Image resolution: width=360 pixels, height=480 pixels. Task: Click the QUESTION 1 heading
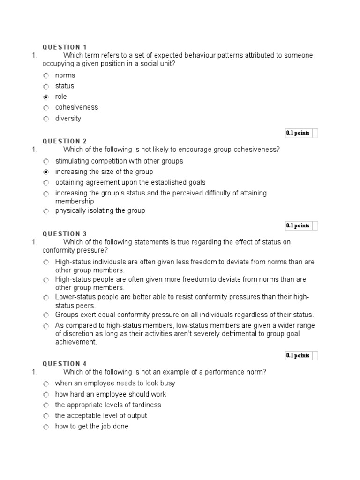(65, 47)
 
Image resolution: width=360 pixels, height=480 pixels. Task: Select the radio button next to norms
(46, 75)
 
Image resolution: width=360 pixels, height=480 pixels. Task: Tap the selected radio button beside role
(46, 97)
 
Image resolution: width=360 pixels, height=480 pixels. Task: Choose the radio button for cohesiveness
(46, 108)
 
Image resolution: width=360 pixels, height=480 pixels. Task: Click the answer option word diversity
(68, 118)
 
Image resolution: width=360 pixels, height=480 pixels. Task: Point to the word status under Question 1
(65, 86)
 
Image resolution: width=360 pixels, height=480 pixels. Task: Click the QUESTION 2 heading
(65, 141)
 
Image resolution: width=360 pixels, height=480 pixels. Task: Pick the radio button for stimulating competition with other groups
(46, 161)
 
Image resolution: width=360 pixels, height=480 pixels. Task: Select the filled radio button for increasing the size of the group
(46, 172)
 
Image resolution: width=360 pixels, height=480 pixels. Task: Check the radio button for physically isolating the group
(46, 211)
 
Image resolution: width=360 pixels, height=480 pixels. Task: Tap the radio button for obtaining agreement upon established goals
(46, 183)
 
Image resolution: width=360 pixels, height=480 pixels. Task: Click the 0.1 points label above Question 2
(298, 133)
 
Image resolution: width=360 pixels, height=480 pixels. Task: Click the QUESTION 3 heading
(65, 234)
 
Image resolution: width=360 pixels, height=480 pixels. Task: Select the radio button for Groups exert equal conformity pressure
(46, 315)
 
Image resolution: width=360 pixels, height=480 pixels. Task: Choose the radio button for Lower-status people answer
(46, 297)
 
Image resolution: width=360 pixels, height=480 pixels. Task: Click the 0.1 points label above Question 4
(298, 356)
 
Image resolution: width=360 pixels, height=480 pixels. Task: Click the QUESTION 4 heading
(65, 364)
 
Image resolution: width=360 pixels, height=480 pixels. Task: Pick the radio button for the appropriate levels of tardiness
(46, 405)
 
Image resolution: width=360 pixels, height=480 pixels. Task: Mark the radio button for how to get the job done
(46, 427)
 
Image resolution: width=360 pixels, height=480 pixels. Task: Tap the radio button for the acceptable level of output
(46, 416)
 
